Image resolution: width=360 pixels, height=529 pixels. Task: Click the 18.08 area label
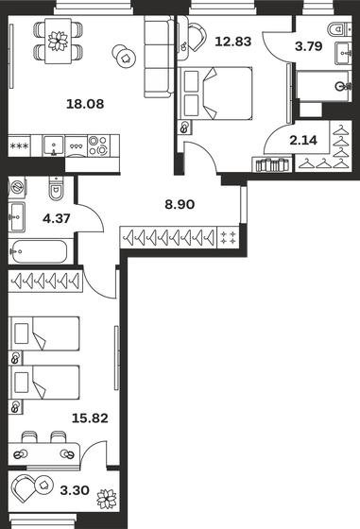click(x=85, y=104)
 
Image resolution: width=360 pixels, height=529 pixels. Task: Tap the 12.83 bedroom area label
click(x=233, y=42)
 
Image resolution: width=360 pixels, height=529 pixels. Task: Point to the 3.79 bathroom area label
click(x=308, y=46)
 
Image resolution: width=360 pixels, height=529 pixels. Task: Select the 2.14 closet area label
click(x=303, y=141)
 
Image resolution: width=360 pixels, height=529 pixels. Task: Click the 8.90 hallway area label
click(x=180, y=204)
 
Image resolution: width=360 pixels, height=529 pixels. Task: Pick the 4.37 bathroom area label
click(x=57, y=218)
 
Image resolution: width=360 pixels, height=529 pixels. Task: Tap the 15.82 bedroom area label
click(x=90, y=418)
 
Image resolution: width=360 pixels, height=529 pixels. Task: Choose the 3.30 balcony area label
click(x=75, y=490)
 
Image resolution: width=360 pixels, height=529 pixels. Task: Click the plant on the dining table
click(x=58, y=41)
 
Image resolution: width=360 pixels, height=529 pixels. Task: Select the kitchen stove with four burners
click(x=99, y=145)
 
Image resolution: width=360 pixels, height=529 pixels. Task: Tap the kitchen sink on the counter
click(x=53, y=145)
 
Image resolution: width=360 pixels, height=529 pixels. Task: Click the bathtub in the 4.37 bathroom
click(x=40, y=251)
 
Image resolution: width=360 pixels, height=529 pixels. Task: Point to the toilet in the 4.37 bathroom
click(x=57, y=188)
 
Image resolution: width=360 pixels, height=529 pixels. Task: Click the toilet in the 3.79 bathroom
click(x=340, y=28)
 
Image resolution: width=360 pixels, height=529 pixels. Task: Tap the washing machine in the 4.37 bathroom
click(x=17, y=186)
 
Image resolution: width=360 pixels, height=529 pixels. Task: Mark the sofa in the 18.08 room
click(x=158, y=57)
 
